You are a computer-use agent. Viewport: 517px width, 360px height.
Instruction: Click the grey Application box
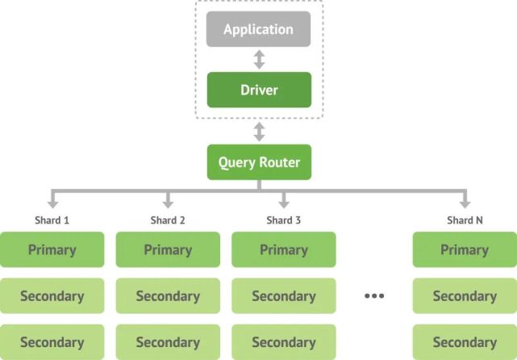pos(259,30)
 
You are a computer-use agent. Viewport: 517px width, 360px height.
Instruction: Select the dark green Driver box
pos(259,90)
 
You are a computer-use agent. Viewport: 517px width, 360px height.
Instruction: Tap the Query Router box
pos(259,162)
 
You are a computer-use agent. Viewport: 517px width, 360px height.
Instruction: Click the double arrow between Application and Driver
pos(259,59)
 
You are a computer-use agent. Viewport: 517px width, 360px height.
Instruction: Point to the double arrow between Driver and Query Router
pos(259,132)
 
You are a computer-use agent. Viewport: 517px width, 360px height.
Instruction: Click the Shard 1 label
pos(52,220)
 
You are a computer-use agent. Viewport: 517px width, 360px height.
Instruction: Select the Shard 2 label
pos(168,220)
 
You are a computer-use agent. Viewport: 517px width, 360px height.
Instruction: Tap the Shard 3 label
pos(284,220)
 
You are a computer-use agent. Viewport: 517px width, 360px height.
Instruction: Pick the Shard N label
pos(465,220)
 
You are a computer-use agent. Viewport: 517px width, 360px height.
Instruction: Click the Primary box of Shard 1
pos(52,249)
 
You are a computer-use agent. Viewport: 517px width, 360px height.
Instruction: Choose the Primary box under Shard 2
pos(168,249)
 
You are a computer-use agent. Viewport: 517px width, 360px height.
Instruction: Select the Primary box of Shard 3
pos(284,249)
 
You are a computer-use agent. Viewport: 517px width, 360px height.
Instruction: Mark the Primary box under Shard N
pos(465,249)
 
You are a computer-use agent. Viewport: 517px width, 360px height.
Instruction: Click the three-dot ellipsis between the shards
pos(374,296)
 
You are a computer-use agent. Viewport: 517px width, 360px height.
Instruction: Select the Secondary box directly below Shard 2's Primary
pos(168,296)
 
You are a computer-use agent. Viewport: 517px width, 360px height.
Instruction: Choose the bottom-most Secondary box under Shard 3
pos(284,342)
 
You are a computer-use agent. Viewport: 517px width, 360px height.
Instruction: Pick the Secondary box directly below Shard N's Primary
pos(465,296)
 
